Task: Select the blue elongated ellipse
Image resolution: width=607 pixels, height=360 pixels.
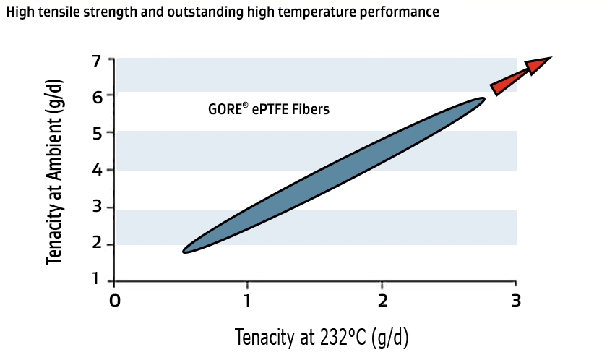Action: (333, 175)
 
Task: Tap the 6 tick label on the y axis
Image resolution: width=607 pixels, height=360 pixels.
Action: (97, 95)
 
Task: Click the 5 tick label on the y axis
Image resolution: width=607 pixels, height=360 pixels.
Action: (97, 133)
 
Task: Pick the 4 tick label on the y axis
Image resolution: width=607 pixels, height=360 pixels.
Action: (97, 171)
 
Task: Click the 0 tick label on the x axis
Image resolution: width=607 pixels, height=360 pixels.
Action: (114, 299)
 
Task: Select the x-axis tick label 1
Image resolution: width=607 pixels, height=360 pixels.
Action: (248, 299)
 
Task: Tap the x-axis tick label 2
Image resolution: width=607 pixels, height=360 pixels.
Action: (382, 299)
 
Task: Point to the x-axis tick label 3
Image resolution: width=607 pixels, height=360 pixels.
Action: (515, 299)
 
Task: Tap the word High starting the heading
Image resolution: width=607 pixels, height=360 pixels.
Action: (19, 13)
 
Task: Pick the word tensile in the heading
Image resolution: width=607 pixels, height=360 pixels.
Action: (63, 13)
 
